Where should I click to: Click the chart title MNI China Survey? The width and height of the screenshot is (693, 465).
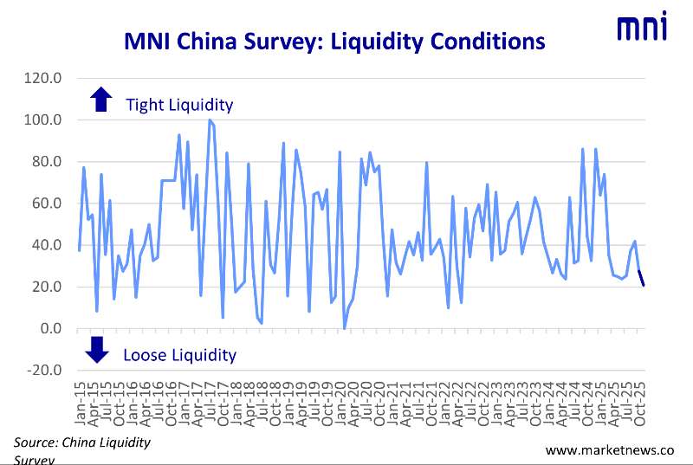tap(334, 42)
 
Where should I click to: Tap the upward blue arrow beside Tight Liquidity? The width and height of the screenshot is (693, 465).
tap(101, 100)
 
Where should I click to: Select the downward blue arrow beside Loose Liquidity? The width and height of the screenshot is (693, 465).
tap(97, 349)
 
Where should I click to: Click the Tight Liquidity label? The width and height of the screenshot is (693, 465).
tap(179, 105)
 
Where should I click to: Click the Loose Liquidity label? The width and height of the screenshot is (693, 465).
tap(179, 354)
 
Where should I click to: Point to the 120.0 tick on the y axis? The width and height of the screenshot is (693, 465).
tap(45, 78)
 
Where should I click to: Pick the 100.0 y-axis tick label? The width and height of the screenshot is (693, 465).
tap(45, 119)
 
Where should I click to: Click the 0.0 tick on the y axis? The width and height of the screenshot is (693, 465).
tap(51, 329)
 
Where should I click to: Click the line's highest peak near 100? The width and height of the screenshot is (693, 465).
tap(210, 120)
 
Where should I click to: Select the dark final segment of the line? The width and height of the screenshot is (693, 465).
tap(641, 278)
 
